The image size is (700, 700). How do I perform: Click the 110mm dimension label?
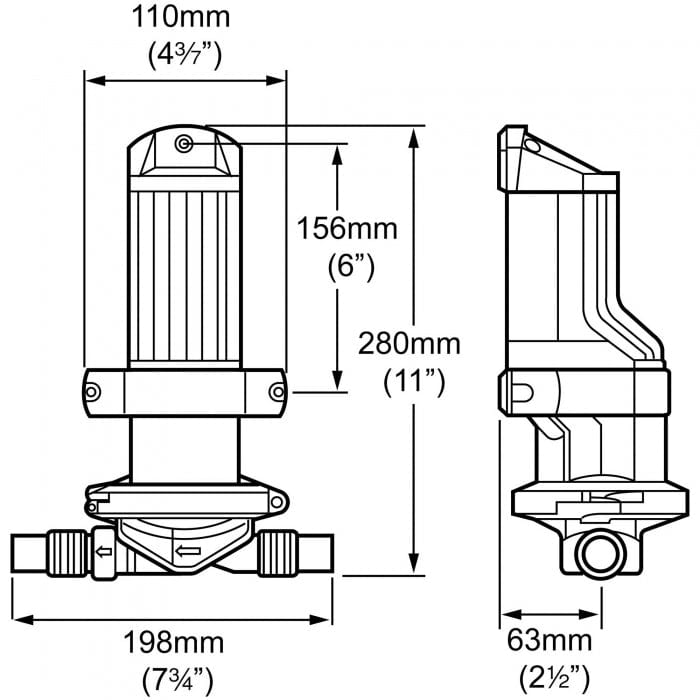pos(184,17)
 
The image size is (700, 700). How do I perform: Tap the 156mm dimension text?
pos(347,228)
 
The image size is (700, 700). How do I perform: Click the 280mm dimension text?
pos(411,344)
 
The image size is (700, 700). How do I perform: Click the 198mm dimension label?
pos(173,641)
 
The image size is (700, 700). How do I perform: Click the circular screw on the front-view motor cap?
pos(184,146)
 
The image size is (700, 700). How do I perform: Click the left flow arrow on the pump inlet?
pos(102,548)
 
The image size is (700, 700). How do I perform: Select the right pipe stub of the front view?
pos(310,550)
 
